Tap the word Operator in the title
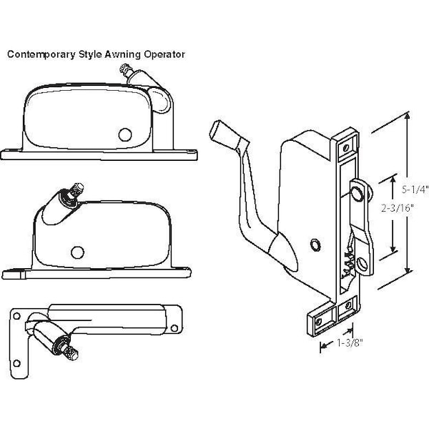(x=164, y=54)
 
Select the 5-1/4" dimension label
(x=415, y=189)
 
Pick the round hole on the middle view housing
(x=77, y=251)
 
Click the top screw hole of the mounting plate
(x=347, y=146)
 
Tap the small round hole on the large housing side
(x=313, y=245)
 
